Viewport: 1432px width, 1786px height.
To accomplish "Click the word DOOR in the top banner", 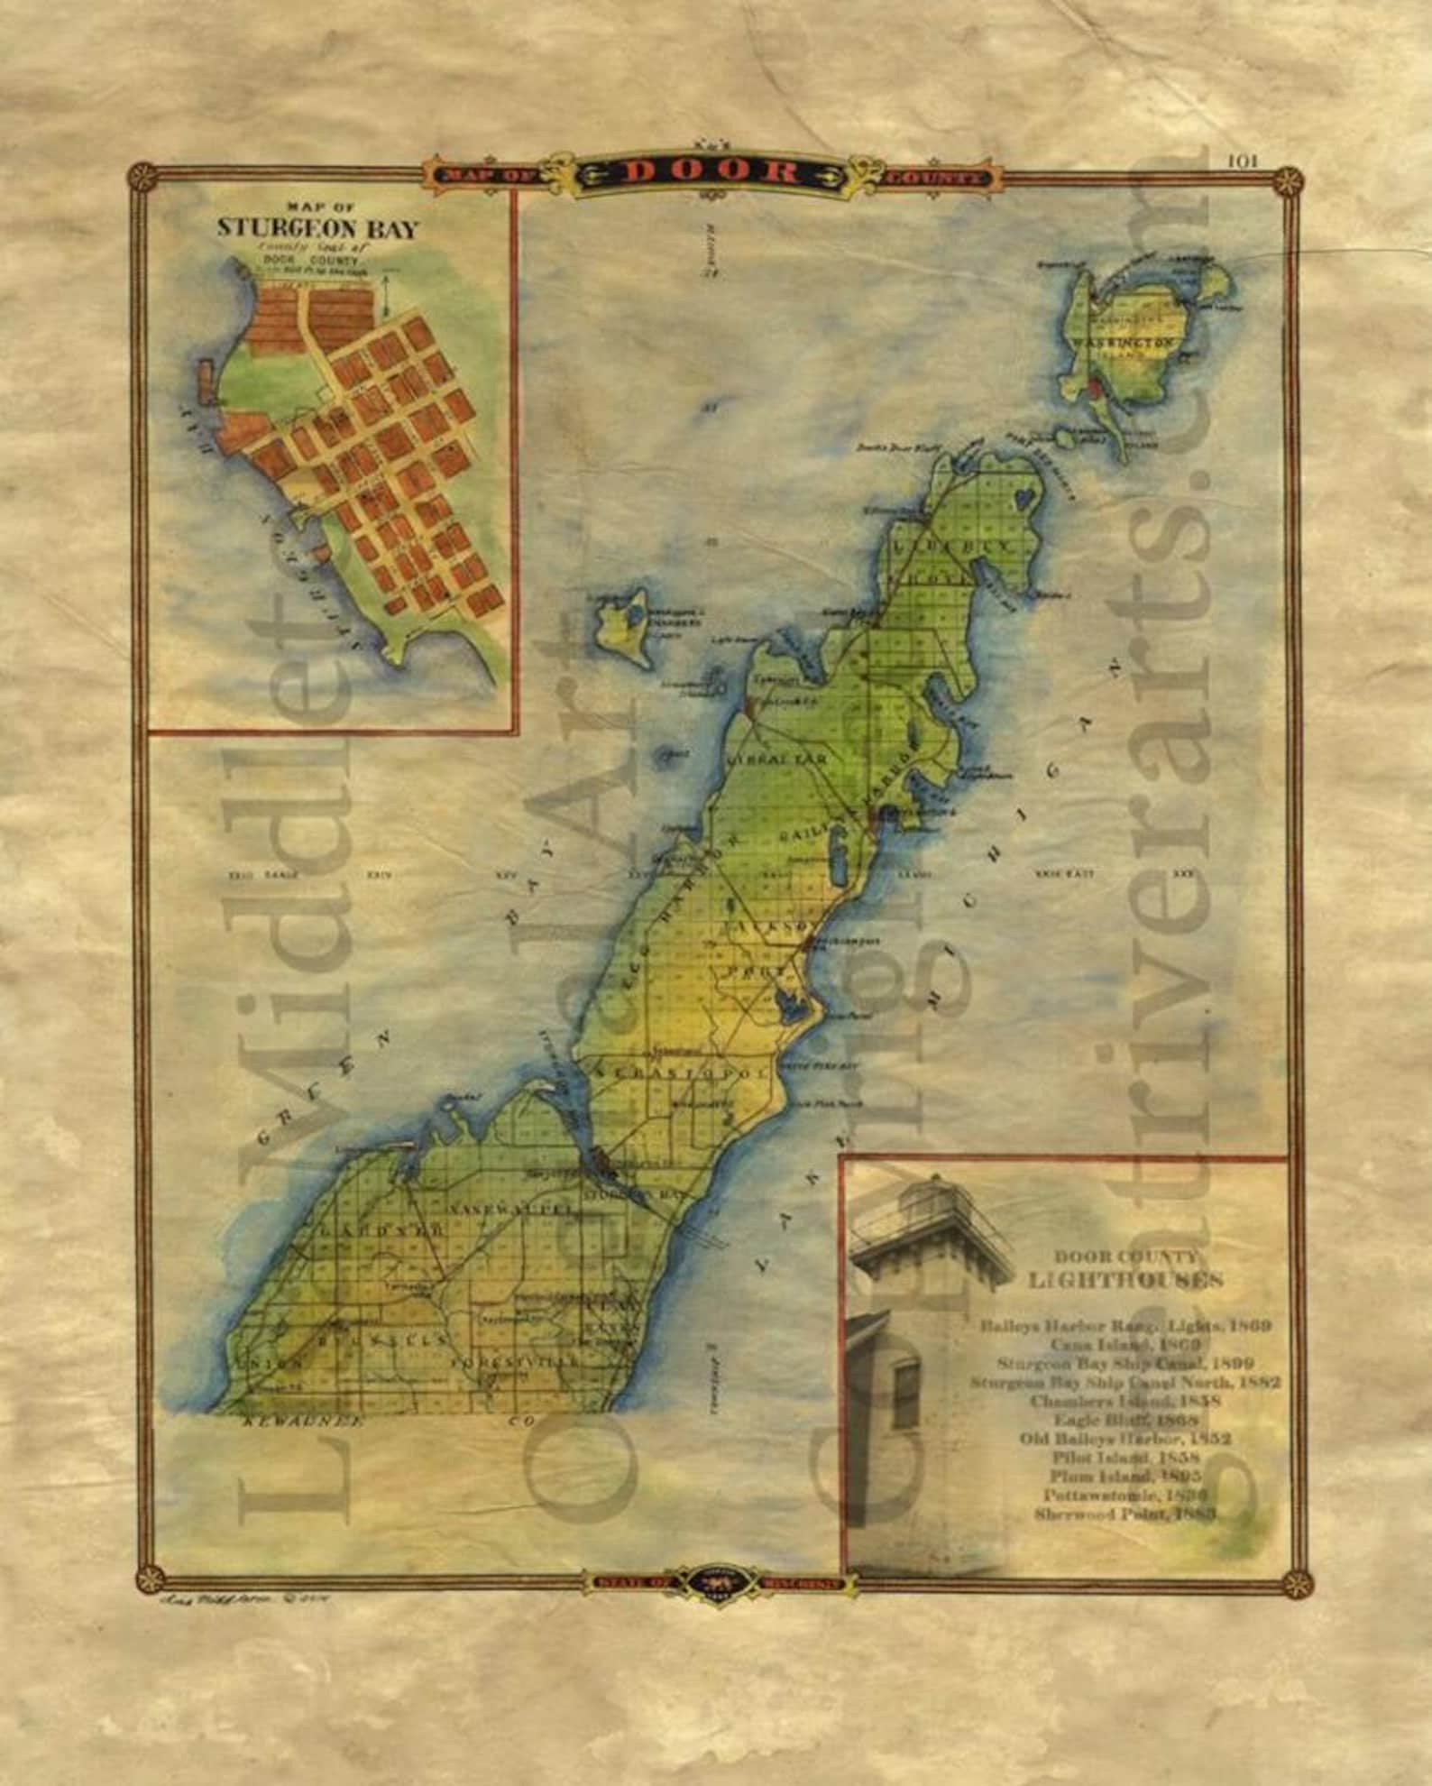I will tap(712, 171).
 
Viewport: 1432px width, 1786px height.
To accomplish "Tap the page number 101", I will tap(1242, 161).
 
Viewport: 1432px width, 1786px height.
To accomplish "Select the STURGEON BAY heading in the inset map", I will tap(317, 228).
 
